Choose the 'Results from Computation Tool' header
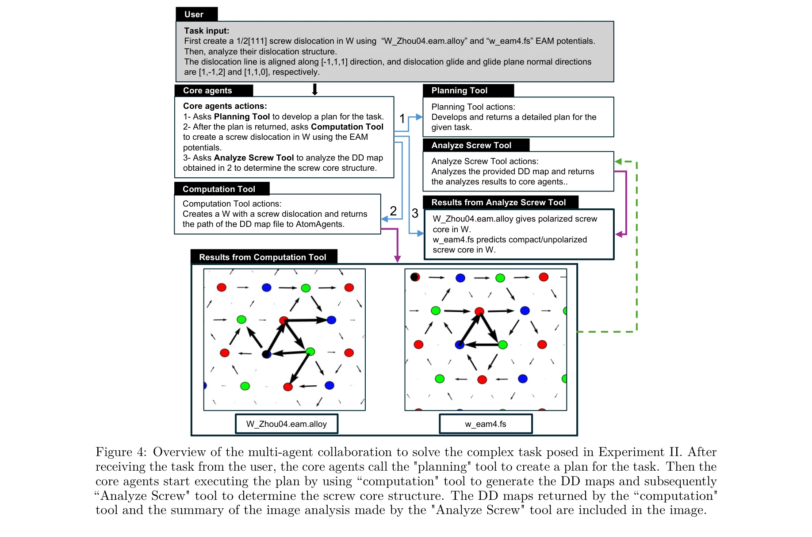[x=264, y=257]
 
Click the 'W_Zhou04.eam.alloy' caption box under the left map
[x=287, y=424]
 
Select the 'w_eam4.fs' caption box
[x=486, y=424]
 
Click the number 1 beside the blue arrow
[x=402, y=119]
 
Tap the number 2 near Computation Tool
[x=393, y=211]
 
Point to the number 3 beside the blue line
[x=415, y=213]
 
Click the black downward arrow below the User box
[x=314, y=90]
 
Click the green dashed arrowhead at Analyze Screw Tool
[x=618, y=162]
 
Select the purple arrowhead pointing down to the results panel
[x=397, y=259]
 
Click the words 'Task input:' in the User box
[x=207, y=31]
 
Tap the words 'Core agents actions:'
[x=225, y=106]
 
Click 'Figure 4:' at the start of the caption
[x=120, y=452]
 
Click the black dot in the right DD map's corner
[x=414, y=277]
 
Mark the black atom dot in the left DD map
[x=266, y=354]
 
